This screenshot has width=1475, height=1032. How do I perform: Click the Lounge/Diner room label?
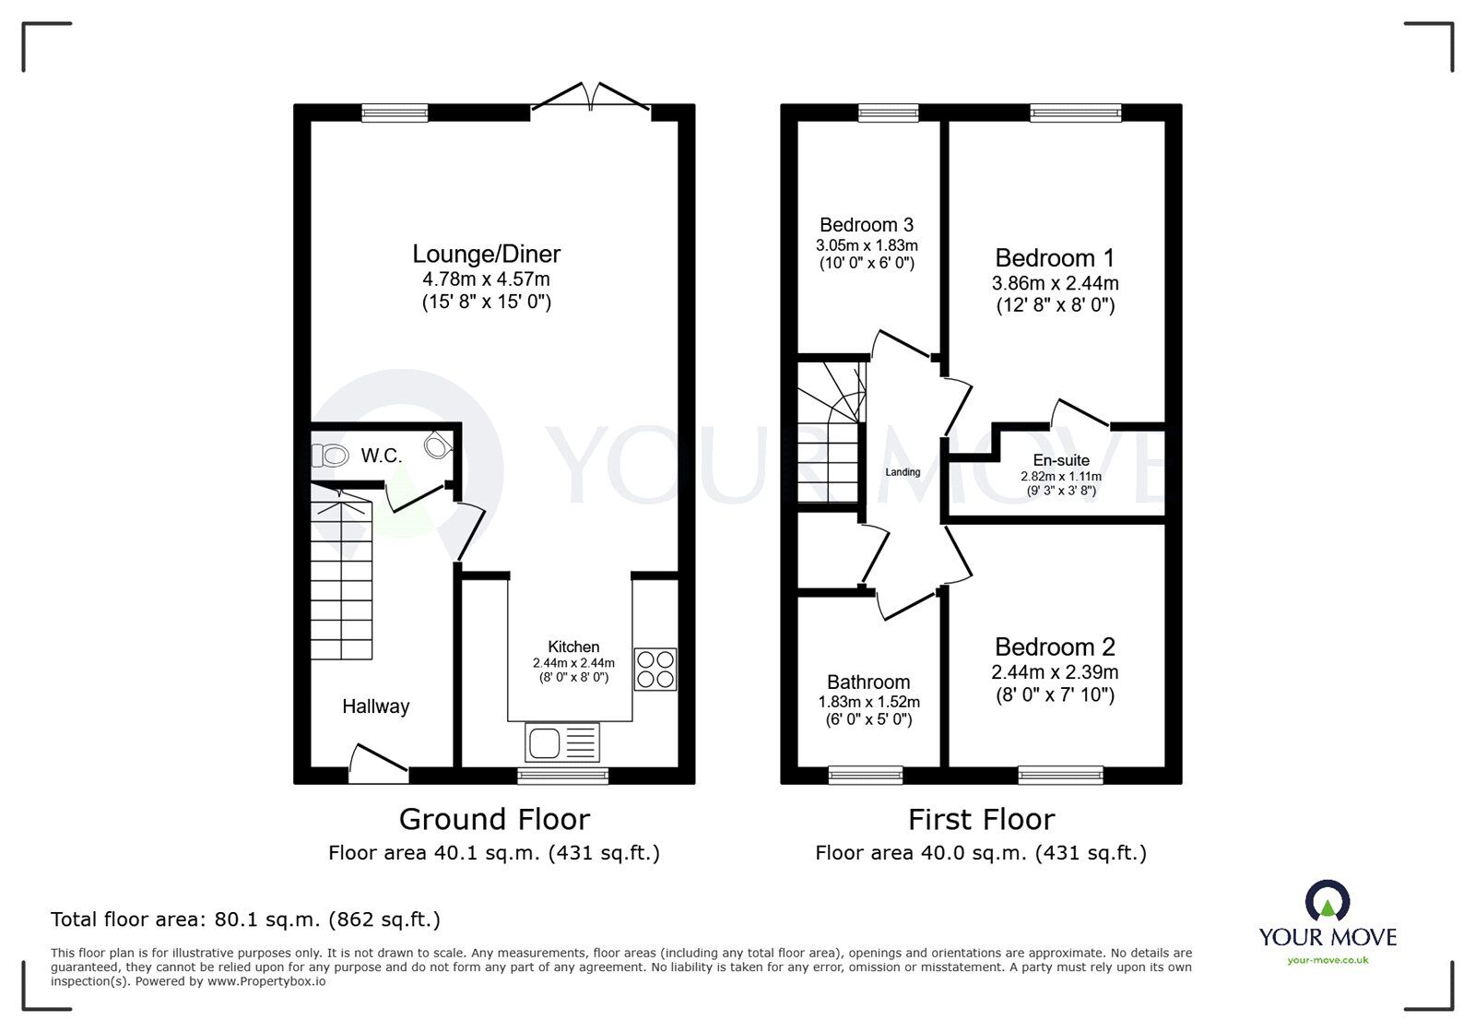point(487,254)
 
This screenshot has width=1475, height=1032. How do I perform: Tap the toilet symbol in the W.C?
point(330,455)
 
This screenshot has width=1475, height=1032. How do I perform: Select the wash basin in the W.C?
point(438,445)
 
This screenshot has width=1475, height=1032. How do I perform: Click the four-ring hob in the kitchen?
point(655,670)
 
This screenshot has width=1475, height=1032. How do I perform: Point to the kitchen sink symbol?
point(562,742)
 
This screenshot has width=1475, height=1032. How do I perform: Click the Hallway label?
point(376,706)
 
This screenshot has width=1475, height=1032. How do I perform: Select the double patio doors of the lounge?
point(591,98)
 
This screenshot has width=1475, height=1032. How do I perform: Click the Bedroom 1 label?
point(1055,257)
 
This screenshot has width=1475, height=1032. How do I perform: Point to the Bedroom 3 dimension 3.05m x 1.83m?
point(867,245)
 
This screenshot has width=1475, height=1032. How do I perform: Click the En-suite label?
point(1061,460)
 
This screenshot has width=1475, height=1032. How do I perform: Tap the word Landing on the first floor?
point(903,472)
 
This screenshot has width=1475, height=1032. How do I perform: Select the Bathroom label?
point(868,682)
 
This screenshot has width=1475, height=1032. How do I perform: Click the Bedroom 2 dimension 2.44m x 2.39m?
point(1055,672)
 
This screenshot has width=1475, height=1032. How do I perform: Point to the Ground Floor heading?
point(494,820)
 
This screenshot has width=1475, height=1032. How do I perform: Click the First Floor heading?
point(981,820)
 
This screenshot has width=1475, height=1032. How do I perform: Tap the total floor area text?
point(245,919)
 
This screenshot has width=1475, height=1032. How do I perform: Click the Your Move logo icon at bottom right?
point(1327,900)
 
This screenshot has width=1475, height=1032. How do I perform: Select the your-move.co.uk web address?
point(1327,960)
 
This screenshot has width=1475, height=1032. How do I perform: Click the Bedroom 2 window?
point(1060,775)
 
